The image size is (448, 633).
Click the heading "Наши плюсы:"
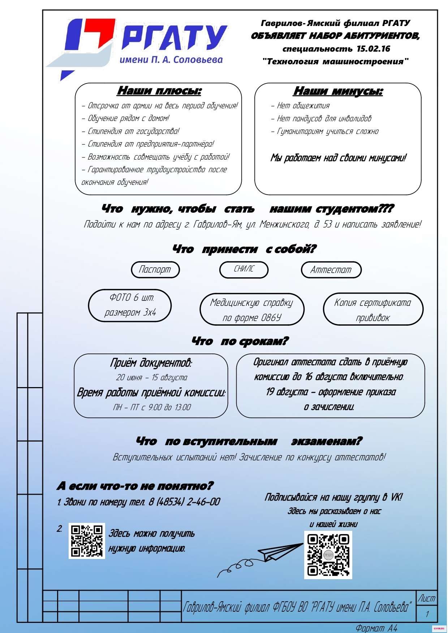coord(159,91)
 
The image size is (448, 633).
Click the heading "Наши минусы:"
coord(338,91)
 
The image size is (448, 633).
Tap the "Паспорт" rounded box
coord(155,270)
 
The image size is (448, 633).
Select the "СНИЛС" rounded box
coord(244,269)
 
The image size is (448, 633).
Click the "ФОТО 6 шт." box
coord(130,305)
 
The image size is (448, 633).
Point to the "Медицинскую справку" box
coord(252,310)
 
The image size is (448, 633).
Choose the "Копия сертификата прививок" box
coord(372,310)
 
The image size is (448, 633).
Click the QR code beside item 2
coord(87,541)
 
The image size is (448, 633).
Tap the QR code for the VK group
coord(328,555)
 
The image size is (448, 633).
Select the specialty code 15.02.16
coord(373,49)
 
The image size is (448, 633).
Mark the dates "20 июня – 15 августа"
coord(151,378)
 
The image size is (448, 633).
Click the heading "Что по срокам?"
coord(240,341)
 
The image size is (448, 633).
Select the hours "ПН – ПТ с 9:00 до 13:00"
coord(152,407)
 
